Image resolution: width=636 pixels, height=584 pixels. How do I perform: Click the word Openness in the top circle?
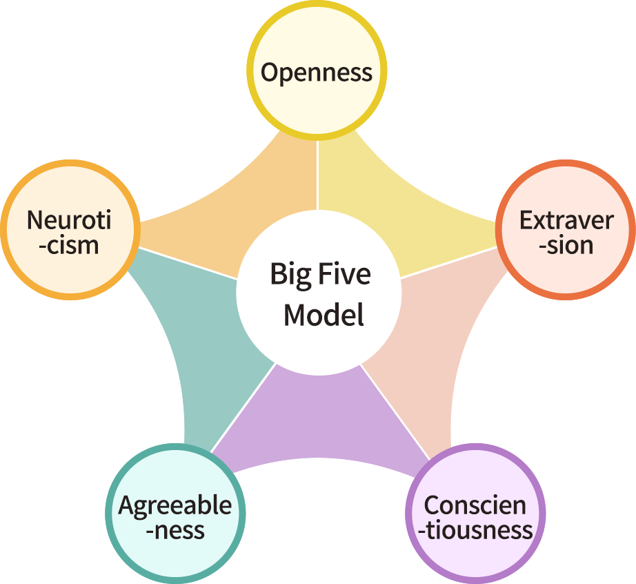pos(317,72)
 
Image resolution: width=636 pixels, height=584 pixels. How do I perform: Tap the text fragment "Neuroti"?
pos(69,221)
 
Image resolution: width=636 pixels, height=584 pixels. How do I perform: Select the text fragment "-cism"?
pos(69,245)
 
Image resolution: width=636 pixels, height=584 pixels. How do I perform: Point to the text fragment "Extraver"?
pos(566,221)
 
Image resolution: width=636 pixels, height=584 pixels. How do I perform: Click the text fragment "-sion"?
pos(566,245)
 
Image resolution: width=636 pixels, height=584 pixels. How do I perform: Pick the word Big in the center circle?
pos(289,274)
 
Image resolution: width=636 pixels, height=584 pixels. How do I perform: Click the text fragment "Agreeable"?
pos(175,506)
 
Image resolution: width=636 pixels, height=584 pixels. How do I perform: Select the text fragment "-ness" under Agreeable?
pos(175,531)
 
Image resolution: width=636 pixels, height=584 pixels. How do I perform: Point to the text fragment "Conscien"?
pos(475,506)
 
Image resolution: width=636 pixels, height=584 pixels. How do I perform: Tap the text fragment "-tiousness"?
pos(475,531)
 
